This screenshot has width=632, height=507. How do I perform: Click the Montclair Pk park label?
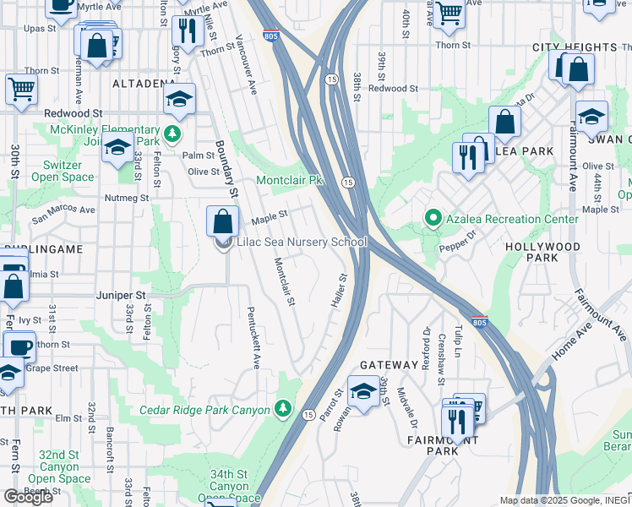pos(290,180)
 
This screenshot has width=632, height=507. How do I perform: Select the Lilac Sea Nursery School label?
pos(302,243)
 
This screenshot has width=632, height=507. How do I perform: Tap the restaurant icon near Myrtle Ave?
pos(184,32)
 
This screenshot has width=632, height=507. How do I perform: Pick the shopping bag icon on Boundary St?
pos(221,222)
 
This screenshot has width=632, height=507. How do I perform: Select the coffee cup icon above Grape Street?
pos(19,346)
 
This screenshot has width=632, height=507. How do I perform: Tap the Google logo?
pos(28,497)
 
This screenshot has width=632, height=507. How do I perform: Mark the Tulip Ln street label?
pos(460,341)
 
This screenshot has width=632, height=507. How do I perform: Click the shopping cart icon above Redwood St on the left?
pos(20,88)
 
